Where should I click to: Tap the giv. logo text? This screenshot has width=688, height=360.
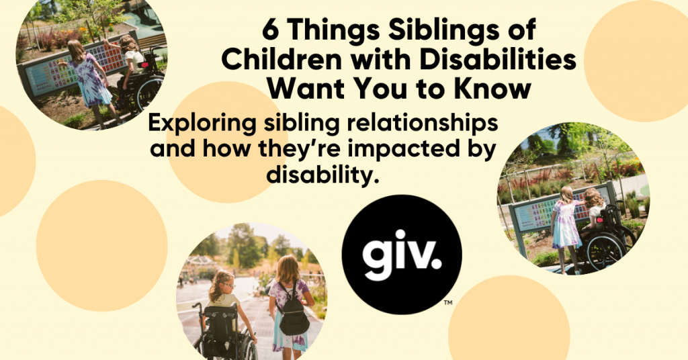pyautogui.click(x=402, y=256)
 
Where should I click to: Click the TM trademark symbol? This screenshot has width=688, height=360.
pyautogui.click(x=448, y=303)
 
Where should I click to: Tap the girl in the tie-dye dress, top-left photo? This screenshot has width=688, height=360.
pyautogui.click(x=89, y=77)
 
